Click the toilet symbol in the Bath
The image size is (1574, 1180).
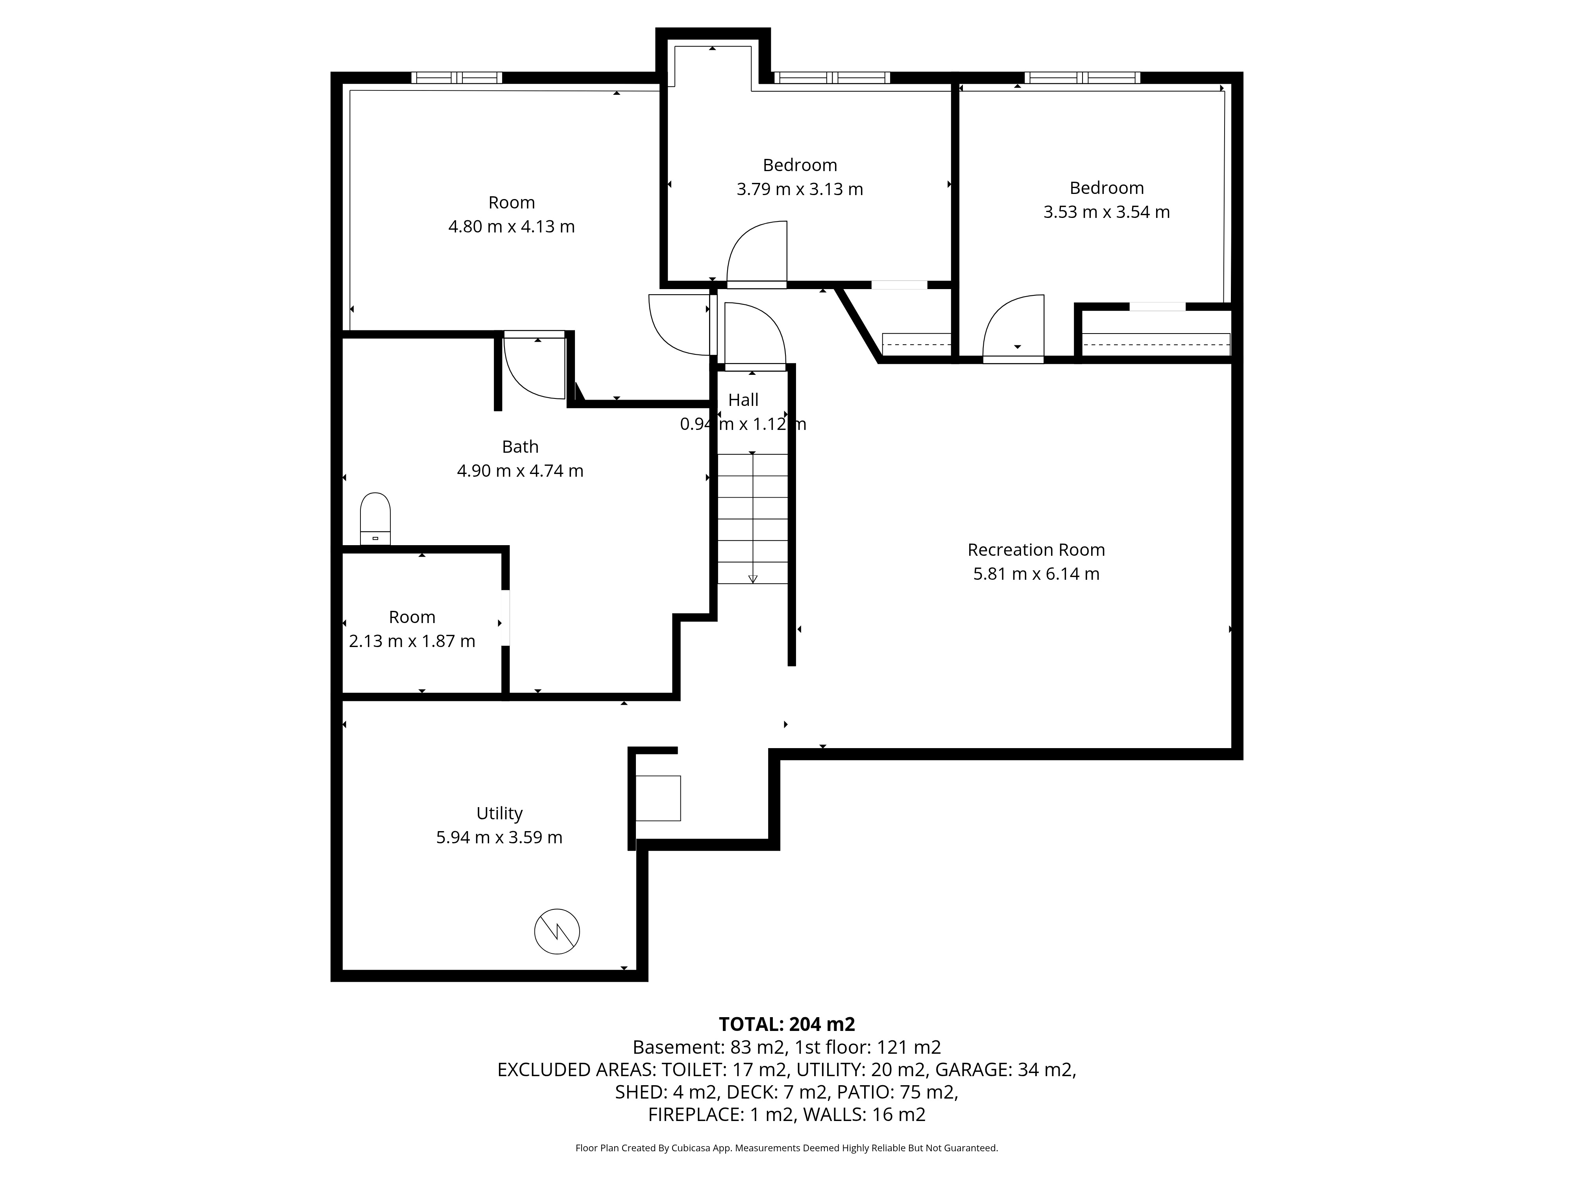(x=375, y=518)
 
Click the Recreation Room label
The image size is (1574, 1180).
(x=1036, y=550)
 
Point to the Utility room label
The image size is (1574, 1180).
(x=499, y=813)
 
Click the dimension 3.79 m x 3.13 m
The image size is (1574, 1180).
(x=800, y=189)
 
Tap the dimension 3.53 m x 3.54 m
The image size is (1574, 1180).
(x=1107, y=212)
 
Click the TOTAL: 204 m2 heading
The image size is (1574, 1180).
(x=787, y=1024)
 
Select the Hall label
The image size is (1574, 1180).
(x=744, y=400)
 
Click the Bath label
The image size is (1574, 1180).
(x=520, y=447)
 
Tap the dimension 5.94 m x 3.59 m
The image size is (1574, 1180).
(x=499, y=837)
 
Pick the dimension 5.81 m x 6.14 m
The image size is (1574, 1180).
(x=1036, y=574)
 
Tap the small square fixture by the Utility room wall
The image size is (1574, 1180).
(x=658, y=798)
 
